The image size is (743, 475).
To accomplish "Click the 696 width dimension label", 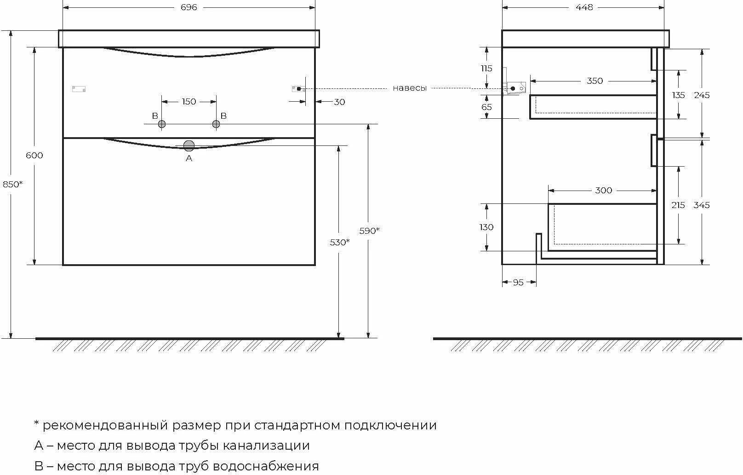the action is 189,7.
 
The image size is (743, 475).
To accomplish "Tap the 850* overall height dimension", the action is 12,184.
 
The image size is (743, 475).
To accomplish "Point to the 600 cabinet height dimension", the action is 34,156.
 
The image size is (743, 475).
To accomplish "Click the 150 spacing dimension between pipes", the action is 189,102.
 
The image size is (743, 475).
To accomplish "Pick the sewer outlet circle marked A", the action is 189,146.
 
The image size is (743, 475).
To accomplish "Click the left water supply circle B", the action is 162,124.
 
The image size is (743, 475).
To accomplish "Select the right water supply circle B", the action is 216,124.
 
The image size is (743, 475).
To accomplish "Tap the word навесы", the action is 410,88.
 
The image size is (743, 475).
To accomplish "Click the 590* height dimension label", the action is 369,231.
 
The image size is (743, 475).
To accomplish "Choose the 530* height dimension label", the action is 340,242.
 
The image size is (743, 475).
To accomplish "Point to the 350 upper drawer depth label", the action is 594,81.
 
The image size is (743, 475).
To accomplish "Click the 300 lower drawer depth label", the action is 603,191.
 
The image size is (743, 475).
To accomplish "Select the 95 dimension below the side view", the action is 518,282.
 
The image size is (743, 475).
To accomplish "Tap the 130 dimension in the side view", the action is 486,227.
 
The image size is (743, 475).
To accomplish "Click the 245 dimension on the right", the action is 702,95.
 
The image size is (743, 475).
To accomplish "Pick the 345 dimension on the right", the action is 702,205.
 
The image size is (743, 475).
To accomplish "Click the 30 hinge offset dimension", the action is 339,102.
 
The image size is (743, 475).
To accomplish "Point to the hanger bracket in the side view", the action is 515,87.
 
